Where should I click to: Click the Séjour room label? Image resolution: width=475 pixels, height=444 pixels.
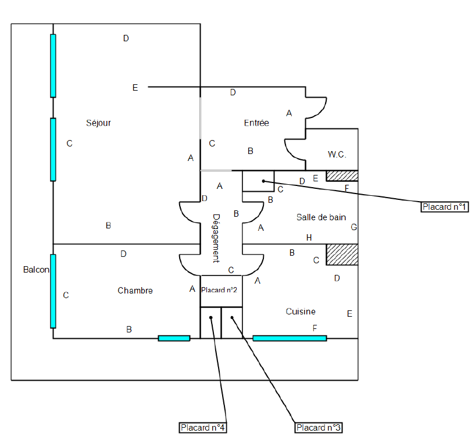click(98, 123)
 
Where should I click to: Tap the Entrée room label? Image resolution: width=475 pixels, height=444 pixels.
click(256, 123)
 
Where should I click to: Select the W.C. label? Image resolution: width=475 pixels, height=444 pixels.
click(337, 155)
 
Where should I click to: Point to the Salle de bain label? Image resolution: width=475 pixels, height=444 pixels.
click(321, 217)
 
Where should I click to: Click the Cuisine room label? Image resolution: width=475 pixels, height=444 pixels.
click(301, 311)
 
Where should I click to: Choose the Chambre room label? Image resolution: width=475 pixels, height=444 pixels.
click(135, 291)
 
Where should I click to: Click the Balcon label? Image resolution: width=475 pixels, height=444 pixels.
click(36, 270)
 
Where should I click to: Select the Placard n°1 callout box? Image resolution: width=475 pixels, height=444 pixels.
click(445, 206)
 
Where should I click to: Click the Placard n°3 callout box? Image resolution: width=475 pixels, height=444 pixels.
click(319, 428)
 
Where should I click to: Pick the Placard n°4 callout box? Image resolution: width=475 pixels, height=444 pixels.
click(202, 428)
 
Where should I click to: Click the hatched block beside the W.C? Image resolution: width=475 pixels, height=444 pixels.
click(341, 176)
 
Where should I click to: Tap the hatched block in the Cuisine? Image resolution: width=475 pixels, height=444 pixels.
click(341, 255)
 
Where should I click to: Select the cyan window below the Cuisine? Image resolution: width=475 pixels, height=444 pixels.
click(290, 338)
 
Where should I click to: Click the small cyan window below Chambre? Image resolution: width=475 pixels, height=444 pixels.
click(174, 338)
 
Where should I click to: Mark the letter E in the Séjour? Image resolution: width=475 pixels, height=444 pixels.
click(135, 88)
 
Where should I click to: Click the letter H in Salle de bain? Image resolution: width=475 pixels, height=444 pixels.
click(309, 238)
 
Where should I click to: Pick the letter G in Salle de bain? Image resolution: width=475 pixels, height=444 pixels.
click(353, 227)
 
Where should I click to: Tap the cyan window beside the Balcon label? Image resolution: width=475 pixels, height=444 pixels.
click(53, 291)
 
